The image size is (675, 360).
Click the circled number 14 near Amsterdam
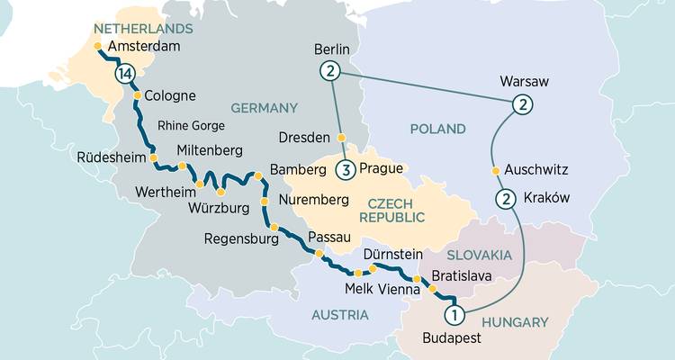124,74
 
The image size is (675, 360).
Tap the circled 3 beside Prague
346,169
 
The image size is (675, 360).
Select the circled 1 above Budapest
455,314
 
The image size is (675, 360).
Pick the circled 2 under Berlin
330,71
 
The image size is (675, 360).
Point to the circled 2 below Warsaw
520,106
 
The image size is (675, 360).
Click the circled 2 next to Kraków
506,199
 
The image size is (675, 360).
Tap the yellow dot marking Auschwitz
494,170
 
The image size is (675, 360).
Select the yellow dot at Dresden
341,138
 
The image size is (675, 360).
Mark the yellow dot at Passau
319,255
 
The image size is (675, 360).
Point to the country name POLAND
438,129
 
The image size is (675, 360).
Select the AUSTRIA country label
339,314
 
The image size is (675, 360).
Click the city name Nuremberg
313,198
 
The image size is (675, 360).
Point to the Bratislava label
462,275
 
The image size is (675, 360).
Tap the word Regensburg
241,238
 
